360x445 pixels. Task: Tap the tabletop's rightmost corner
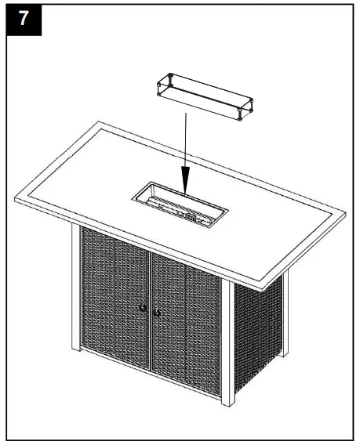(x=345, y=211)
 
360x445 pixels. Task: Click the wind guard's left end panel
(x=162, y=84)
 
